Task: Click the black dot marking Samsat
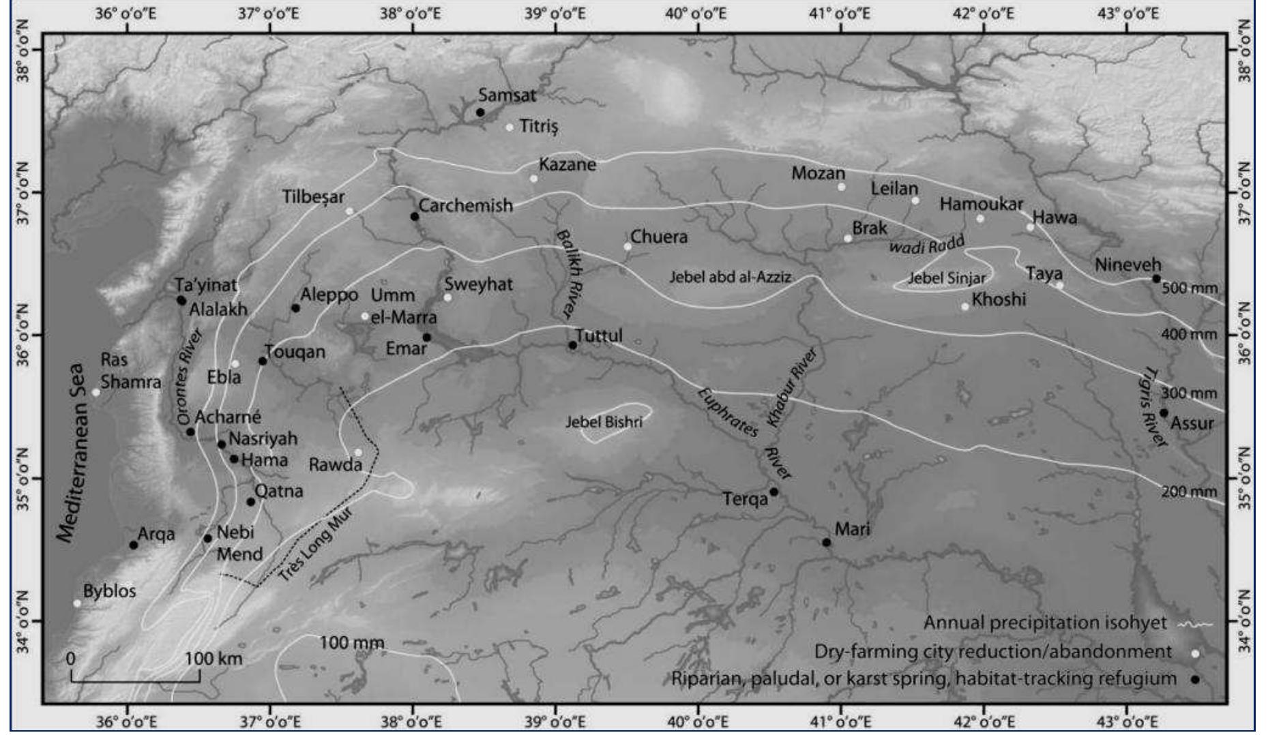[480, 112]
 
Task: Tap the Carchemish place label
[465, 205]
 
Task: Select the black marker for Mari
[827, 543]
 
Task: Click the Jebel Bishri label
[604, 423]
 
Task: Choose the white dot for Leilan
[915, 200]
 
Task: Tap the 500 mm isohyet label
[1190, 288]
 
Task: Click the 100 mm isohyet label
[352, 643]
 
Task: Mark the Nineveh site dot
[1156, 279]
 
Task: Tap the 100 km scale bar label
[213, 659]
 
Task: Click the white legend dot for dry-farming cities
[1195, 653]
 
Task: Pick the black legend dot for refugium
[1195, 680]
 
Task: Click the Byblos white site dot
[77, 603]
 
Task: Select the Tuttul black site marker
[573, 345]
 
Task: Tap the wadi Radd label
[926, 244]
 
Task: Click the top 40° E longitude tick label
[696, 14]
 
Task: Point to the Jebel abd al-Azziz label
[730, 277]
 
